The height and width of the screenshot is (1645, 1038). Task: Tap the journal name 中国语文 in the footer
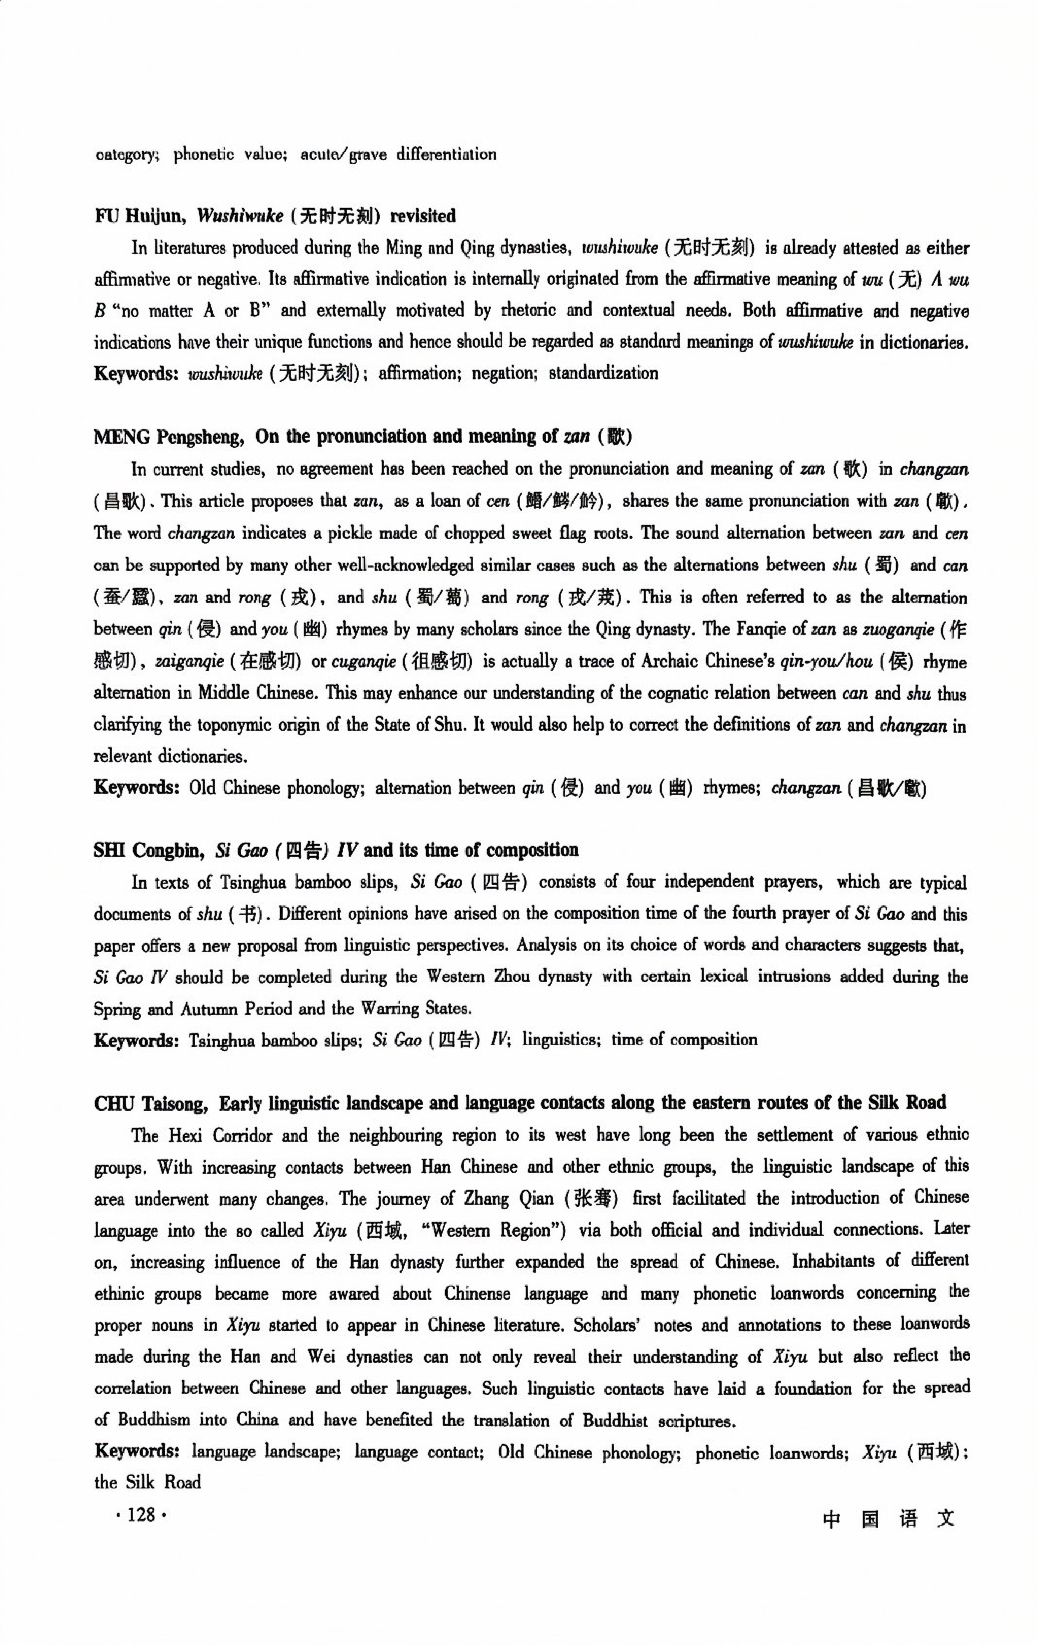[x=888, y=1519]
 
